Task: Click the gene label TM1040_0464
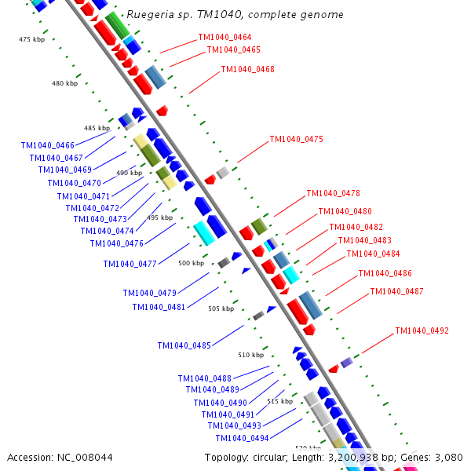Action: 225,38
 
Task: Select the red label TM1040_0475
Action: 296,140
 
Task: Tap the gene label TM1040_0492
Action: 422,331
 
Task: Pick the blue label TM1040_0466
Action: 48,145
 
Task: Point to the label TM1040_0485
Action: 184,345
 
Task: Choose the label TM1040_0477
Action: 130,264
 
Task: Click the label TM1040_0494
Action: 242,438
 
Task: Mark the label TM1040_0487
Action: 396,292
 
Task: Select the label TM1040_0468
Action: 247,70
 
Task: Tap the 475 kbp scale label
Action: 31,39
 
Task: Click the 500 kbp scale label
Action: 191,264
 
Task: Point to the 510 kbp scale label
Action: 251,355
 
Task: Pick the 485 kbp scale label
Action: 97,128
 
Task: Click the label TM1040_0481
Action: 159,307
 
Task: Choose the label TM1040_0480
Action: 345,212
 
